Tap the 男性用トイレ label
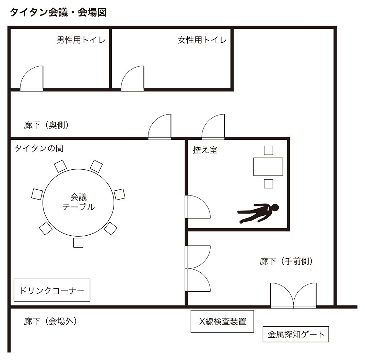click(x=81, y=40)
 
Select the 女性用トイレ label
click(x=202, y=40)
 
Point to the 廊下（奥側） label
click(x=47, y=125)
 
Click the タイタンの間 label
click(x=39, y=149)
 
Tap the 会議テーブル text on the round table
click(x=78, y=202)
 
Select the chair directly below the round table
click(x=78, y=243)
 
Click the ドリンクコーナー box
click(x=52, y=290)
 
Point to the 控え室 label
click(x=205, y=150)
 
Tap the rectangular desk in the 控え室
click(x=268, y=167)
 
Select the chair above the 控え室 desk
click(x=268, y=150)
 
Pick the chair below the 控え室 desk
click(x=268, y=184)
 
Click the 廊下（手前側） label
click(x=286, y=262)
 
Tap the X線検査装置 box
click(x=222, y=322)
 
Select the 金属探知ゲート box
click(x=296, y=334)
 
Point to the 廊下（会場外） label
click(x=50, y=322)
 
